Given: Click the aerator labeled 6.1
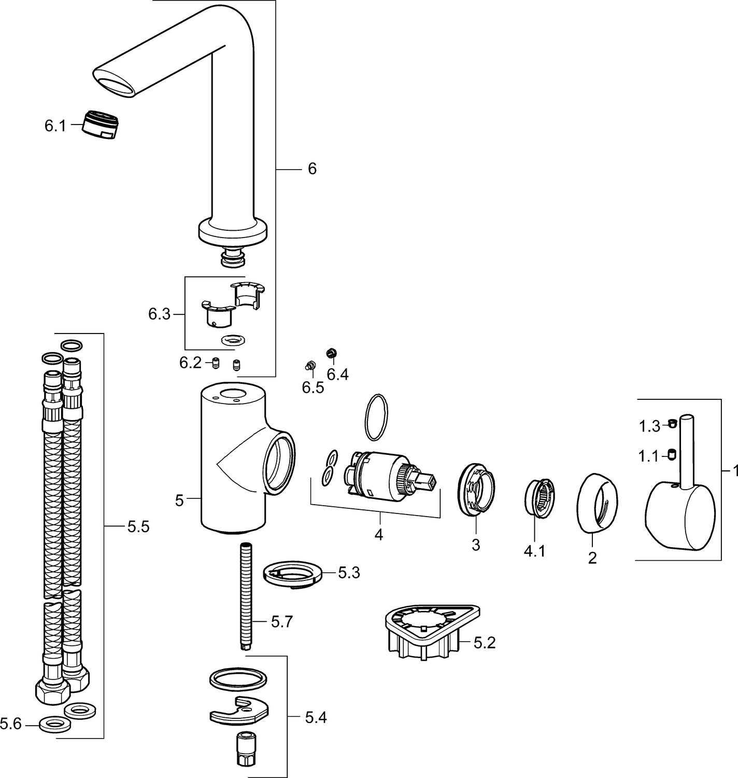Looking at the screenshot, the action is [101, 125].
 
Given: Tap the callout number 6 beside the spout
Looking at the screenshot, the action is [313, 169].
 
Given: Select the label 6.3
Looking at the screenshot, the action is [159, 314].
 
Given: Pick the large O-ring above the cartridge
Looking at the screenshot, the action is [376, 417].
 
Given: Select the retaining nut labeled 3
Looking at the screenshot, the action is [477, 489].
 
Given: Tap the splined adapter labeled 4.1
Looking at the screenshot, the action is [539, 497].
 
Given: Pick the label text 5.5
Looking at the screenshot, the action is [138, 527].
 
